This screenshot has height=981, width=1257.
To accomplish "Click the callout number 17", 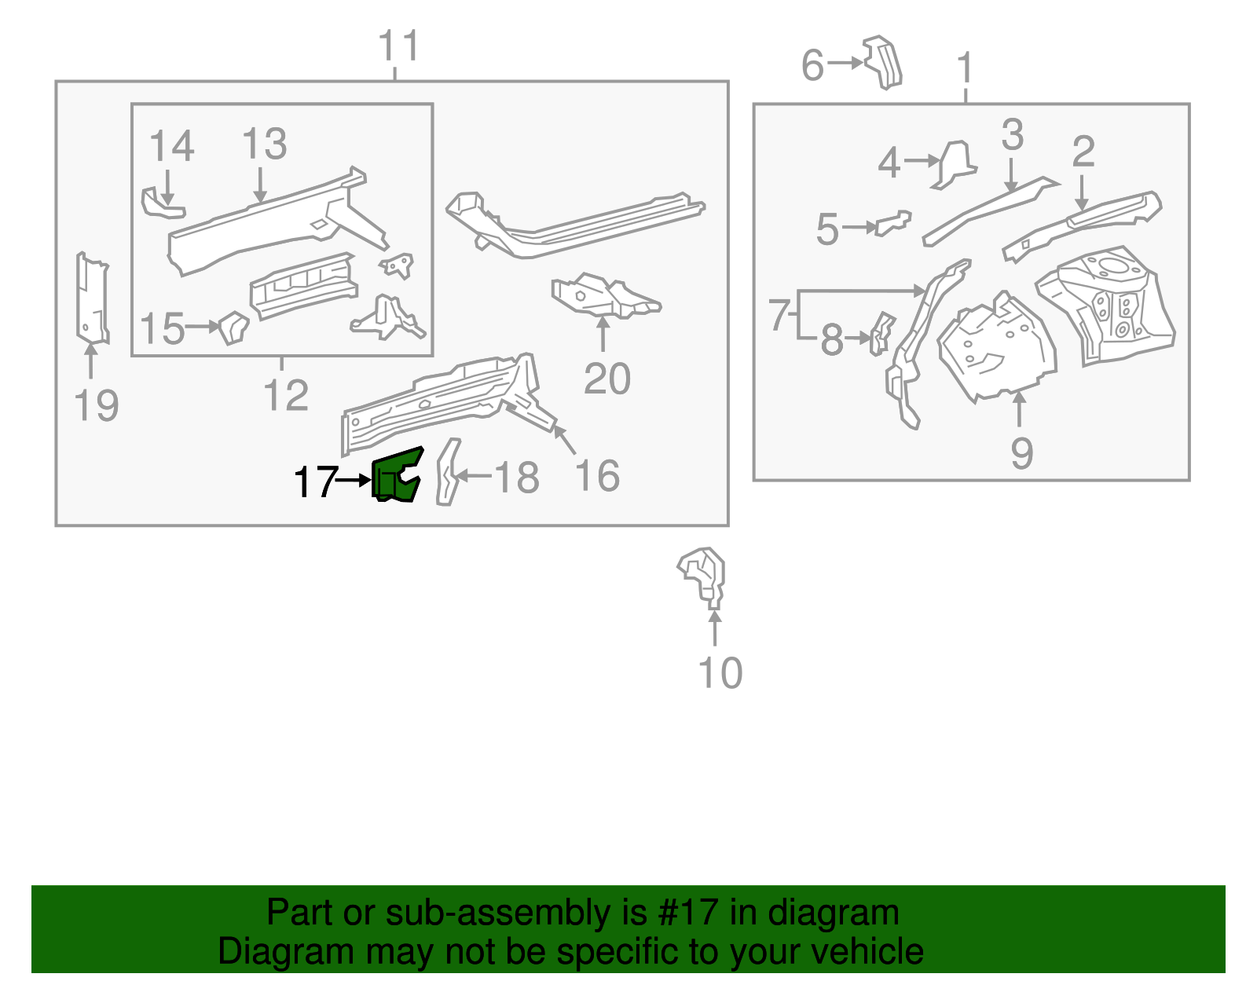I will click(x=314, y=481).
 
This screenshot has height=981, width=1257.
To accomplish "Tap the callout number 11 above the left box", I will click(x=399, y=46).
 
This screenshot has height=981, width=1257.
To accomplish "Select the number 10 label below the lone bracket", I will click(x=720, y=673).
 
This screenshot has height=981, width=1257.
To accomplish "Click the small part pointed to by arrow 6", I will click(x=883, y=61).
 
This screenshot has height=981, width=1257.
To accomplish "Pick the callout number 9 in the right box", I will click(x=1021, y=452).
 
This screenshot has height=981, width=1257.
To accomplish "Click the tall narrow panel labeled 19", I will click(x=91, y=298).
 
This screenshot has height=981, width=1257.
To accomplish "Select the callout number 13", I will click(x=264, y=144).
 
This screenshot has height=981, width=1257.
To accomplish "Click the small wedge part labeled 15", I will click(x=233, y=327).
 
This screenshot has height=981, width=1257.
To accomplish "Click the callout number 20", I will click(x=607, y=379).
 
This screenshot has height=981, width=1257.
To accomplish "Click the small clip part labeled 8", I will click(x=881, y=333).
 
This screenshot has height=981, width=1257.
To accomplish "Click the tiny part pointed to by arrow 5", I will click(x=894, y=222).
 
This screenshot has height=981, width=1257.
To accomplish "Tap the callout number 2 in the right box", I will click(x=1083, y=151).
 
